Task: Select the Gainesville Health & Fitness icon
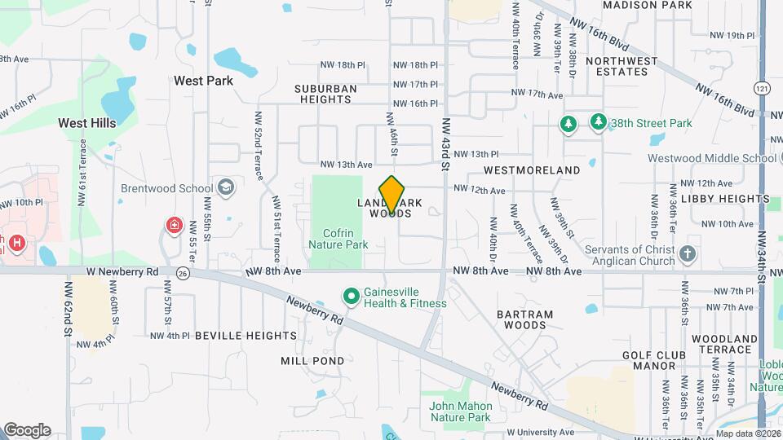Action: point(352,296)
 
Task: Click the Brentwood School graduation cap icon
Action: point(226,188)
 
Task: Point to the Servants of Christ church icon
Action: point(688,253)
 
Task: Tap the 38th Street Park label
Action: point(652,123)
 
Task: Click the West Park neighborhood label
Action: point(203,81)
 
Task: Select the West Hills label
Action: point(86,122)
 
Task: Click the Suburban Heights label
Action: point(325,94)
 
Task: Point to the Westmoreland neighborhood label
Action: point(532,170)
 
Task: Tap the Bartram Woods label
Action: point(525,319)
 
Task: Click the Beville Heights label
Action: point(233,335)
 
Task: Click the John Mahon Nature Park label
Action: point(461,411)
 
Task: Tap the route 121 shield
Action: point(762,87)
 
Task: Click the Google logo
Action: point(27,430)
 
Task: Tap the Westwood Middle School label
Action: point(711,158)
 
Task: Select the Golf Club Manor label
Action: point(649,360)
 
